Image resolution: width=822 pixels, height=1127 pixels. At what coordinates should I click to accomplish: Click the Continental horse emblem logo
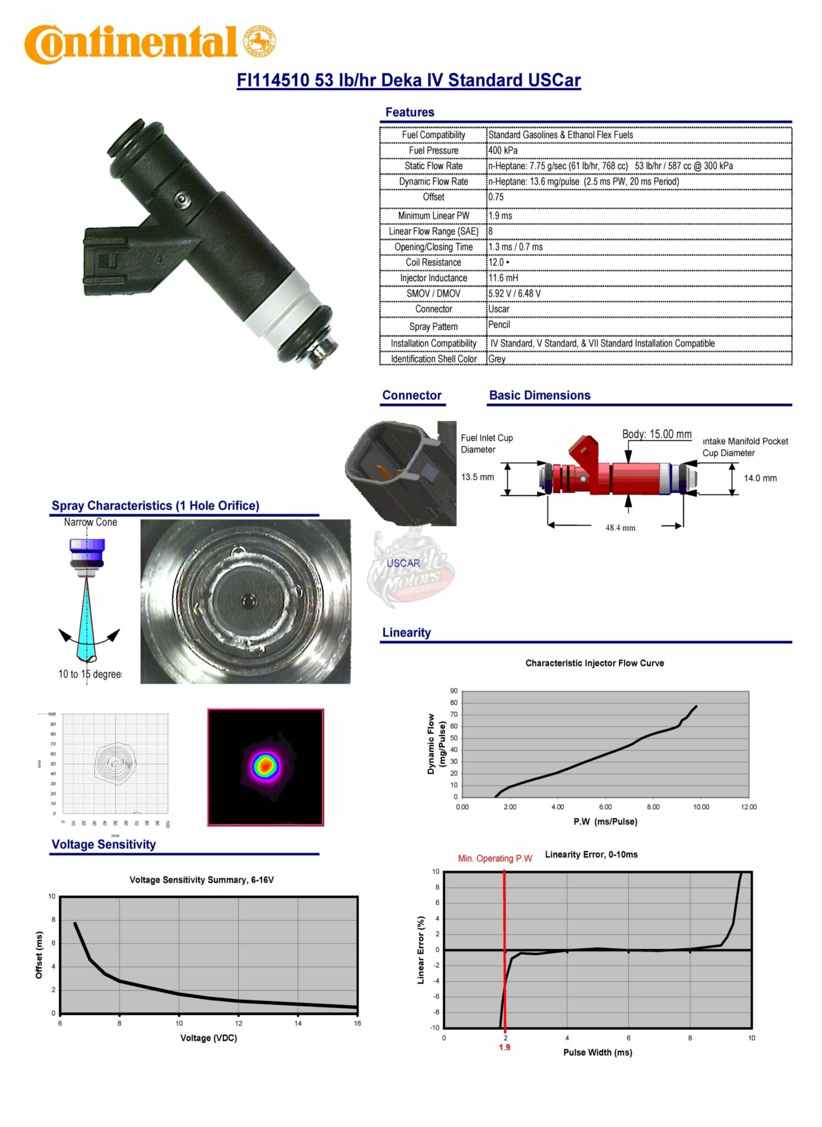[x=259, y=42]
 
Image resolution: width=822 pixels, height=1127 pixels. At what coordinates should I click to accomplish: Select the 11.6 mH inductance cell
[x=503, y=278]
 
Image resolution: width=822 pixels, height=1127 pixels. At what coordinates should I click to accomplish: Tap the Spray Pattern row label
[x=433, y=326]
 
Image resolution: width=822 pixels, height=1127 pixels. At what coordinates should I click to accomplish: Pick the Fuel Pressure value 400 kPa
[x=503, y=150]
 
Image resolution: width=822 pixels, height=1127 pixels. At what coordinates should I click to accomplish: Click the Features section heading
[x=410, y=112]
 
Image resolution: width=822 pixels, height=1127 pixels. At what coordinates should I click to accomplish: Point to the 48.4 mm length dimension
[x=620, y=528]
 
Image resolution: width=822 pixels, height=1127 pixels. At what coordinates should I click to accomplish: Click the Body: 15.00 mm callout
[x=656, y=434]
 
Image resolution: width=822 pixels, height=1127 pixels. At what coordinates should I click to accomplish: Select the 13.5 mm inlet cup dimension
[x=477, y=477]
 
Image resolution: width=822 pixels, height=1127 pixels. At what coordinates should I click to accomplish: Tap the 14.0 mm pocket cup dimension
[x=760, y=478]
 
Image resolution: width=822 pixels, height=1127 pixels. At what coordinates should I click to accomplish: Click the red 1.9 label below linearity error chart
[x=504, y=1047]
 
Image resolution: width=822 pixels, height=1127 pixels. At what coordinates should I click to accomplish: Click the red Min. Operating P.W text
[x=495, y=858]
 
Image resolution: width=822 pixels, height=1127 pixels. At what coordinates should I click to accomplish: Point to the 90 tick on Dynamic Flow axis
[x=454, y=691]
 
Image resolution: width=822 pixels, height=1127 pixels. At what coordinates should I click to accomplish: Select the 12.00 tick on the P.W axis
[x=748, y=807]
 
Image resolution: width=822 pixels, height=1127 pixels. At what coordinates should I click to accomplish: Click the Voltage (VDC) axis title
[x=208, y=1038]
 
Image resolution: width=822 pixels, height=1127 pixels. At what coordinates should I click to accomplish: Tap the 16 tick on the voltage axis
[x=357, y=1024]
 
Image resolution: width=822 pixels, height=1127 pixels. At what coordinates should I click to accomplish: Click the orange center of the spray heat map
[x=266, y=765]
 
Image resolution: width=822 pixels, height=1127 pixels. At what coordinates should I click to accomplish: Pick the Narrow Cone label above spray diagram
[x=90, y=522]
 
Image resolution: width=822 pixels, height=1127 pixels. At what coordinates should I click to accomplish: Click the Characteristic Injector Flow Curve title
[x=594, y=663]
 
